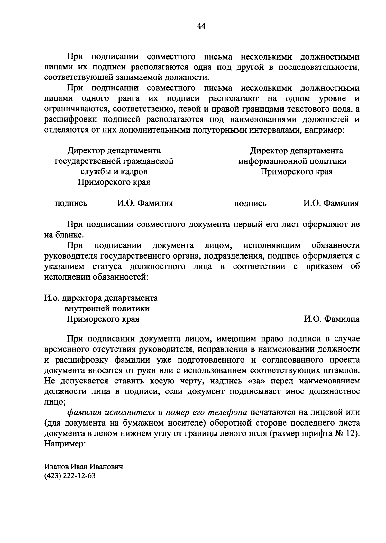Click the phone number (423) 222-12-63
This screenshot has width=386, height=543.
click(x=70, y=476)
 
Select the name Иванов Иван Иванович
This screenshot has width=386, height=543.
click(x=83, y=467)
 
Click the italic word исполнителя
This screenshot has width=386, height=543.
click(x=125, y=412)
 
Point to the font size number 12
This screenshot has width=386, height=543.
click(x=353, y=433)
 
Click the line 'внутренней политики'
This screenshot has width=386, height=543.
click(x=107, y=308)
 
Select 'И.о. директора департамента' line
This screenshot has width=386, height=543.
click(x=101, y=298)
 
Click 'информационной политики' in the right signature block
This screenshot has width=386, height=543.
click(x=292, y=161)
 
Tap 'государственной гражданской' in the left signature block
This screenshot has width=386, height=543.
click(x=114, y=161)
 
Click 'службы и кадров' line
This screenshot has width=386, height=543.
click(x=114, y=172)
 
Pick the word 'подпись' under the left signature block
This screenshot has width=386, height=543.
click(x=71, y=203)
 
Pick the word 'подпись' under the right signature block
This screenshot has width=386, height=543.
click(x=250, y=203)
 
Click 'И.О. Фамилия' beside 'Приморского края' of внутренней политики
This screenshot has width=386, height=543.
click(x=332, y=319)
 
